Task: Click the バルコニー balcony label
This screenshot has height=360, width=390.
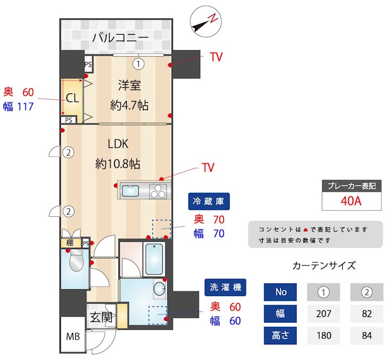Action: [x=120, y=37]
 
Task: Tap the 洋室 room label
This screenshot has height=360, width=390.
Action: [x=129, y=85]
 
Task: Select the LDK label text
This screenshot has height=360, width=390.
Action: [x=117, y=144]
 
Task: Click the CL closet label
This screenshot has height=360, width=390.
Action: [x=72, y=98]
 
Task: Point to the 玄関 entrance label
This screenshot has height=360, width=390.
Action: [x=101, y=318]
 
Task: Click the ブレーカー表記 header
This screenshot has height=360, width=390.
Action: [x=351, y=186]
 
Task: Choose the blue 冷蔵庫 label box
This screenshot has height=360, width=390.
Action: [x=209, y=201]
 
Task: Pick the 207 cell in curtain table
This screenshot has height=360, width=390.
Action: [x=323, y=314]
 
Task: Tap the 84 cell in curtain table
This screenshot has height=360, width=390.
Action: [x=366, y=335]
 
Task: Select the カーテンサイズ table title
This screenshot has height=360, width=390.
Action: [x=324, y=266]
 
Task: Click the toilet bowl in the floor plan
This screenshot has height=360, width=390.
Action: [x=77, y=263]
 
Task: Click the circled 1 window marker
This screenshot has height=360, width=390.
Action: [x=139, y=63]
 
